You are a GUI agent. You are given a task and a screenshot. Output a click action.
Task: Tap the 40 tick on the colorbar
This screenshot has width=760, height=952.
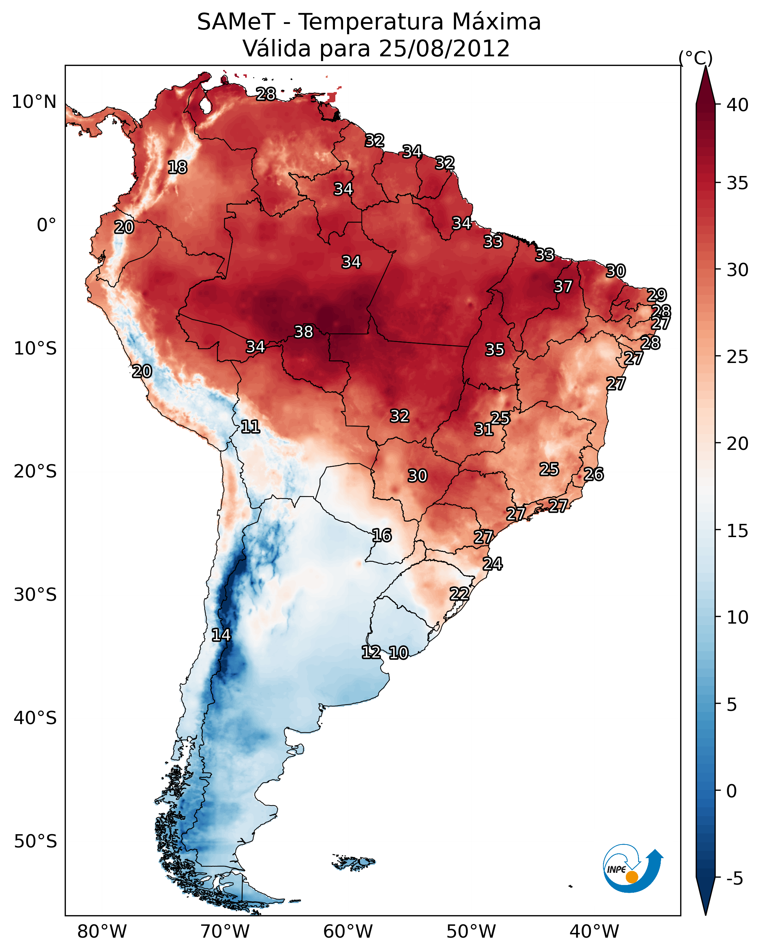(738, 105)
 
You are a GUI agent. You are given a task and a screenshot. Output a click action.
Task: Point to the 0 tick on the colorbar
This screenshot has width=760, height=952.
(731, 791)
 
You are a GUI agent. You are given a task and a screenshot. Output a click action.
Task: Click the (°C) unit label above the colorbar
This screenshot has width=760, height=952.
(696, 58)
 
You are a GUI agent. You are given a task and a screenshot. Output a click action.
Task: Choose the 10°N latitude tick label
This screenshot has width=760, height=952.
(34, 102)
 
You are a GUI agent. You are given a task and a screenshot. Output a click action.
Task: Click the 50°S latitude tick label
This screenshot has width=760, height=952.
(35, 842)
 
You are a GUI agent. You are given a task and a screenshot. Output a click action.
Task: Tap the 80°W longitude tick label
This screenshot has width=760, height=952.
(102, 932)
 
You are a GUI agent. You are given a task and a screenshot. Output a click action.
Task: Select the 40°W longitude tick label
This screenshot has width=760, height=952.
(594, 932)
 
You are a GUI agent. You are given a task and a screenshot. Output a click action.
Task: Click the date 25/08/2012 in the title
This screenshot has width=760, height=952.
(444, 49)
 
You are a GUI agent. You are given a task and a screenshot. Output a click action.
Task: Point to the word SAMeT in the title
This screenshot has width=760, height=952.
(236, 22)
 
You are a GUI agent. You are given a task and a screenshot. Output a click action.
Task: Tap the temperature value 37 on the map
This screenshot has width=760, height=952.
(563, 286)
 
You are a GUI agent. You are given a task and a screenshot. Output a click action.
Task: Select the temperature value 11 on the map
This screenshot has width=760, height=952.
(250, 427)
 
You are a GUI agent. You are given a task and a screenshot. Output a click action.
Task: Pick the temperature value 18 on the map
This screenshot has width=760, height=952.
(177, 168)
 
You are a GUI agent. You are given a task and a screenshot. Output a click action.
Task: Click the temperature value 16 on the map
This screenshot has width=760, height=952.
(382, 536)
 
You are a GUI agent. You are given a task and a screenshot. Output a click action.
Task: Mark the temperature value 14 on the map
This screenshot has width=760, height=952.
(221, 635)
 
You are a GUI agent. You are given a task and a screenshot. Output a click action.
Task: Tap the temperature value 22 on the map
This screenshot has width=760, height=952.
(459, 594)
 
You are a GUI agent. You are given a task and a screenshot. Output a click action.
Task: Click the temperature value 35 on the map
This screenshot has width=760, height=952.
(495, 350)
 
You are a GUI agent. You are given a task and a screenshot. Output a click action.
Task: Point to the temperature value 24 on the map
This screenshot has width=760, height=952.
(492, 564)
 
